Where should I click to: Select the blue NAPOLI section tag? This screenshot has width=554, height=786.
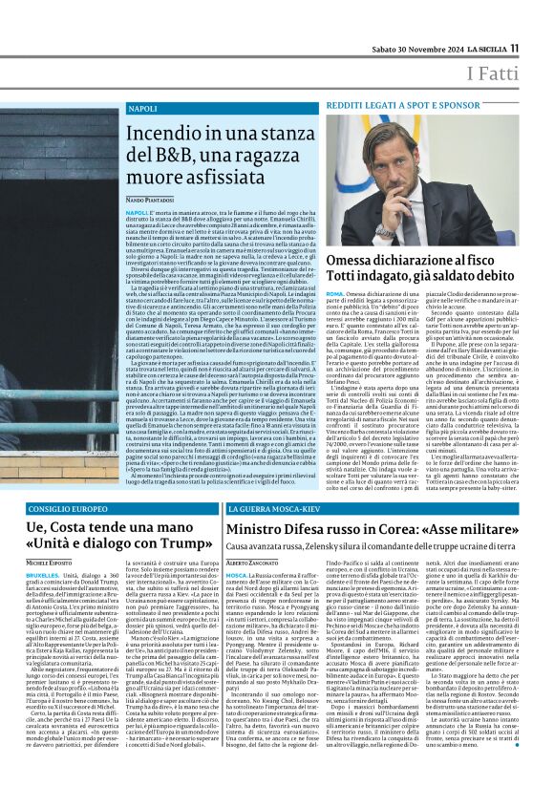tap(142, 109)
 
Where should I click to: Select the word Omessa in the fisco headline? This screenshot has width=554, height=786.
tap(354, 258)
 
